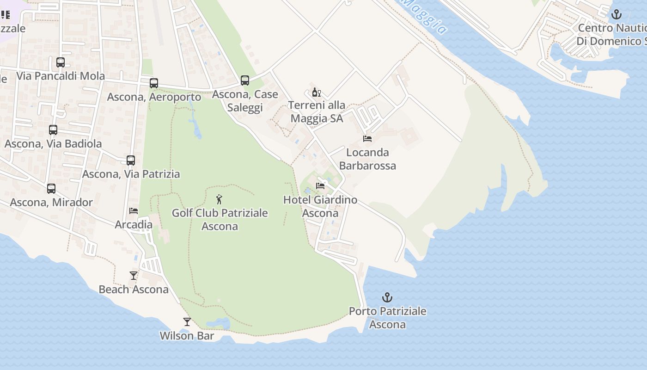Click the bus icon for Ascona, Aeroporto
pyautogui.click(x=154, y=83)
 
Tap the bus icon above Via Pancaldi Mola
pyautogui.click(x=61, y=62)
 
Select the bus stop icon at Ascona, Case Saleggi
pyautogui.click(x=245, y=80)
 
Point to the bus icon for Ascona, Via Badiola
pyautogui.click(x=53, y=130)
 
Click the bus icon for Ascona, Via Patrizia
pyautogui.click(x=131, y=160)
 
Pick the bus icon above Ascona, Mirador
pyautogui.click(x=51, y=189)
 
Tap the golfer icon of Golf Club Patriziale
pyautogui.click(x=220, y=200)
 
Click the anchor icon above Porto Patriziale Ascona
pyautogui.click(x=387, y=297)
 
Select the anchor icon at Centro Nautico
pyautogui.click(x=616, y=15)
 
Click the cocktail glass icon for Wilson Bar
pyautogui.click(x=187, y=322)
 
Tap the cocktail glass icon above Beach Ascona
pyautogui.click(x=134, y=276)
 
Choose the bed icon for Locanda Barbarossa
pyautogui.click(x=367, y=139)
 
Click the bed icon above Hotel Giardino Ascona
pyautogui.click(x=320, y=186)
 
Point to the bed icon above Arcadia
pyautogui.click(x=134, y=211)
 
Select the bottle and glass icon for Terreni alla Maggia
pyautogui.click(x=317, y=92)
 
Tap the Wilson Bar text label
pyautogui.click(x=187, y=336)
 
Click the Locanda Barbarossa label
pyautogui.click(x=367, y=159)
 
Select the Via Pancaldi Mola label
pyautogui.click(x=61, y=76)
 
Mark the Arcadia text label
pyautogui.click(x=134, y=225)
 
